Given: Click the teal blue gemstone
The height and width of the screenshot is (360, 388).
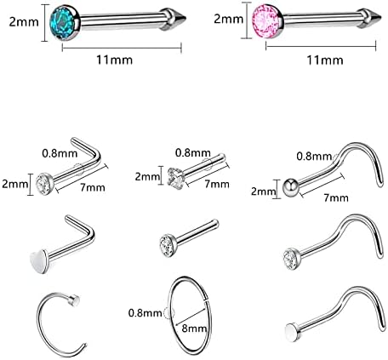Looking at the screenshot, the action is [x=63, y=21].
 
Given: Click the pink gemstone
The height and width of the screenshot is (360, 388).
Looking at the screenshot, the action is [x=265, y=20].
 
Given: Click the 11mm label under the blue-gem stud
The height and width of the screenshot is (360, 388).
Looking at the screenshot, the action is [x=115, y=60].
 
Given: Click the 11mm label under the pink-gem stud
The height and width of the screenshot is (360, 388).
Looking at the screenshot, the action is [x=325, y=60].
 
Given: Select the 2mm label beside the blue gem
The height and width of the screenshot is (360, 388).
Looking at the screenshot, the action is [x=24, y=21].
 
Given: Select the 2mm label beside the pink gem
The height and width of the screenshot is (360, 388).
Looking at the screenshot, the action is [x=228, y=19].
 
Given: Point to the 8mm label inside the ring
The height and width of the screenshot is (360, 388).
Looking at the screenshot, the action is [x=194, y=329].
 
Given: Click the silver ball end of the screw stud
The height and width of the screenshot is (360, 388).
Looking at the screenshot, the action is [x=291, y=186].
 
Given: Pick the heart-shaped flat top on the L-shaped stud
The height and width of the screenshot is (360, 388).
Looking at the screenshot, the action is [x=38, y=260].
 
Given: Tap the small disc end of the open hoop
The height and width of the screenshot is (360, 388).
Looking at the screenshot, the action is [x=74, y=300].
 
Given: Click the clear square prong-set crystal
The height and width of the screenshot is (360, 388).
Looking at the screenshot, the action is [x=176, y=178].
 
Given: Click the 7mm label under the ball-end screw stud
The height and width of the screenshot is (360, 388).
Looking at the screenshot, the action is [x=336, y=197].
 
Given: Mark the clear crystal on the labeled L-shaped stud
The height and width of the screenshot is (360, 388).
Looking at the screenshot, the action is [x=44, y=184].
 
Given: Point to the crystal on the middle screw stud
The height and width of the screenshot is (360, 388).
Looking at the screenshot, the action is [x=290, y=259].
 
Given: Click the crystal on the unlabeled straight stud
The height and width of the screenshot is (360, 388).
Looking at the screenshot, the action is [x=168, y=245].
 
